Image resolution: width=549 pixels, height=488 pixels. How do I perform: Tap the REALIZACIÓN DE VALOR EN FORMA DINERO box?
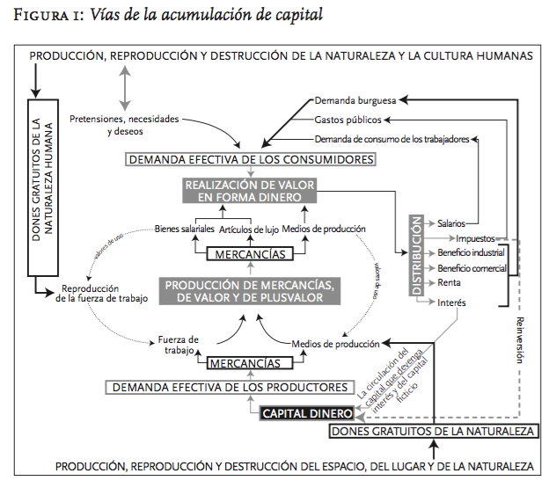coord(250,191)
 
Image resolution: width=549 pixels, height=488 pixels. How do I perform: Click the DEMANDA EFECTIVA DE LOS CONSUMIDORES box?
coord(251,159)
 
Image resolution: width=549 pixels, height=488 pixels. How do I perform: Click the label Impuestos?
coord(476,238)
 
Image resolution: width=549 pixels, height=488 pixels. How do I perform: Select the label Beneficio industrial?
coord(471,253)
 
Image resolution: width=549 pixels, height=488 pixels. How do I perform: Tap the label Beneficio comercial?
coord(472,268)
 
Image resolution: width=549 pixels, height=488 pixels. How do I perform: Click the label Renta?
coord(449,283)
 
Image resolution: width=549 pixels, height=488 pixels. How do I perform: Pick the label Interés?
coord(451,302)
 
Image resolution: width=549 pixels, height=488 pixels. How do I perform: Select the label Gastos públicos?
coord(348,120)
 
